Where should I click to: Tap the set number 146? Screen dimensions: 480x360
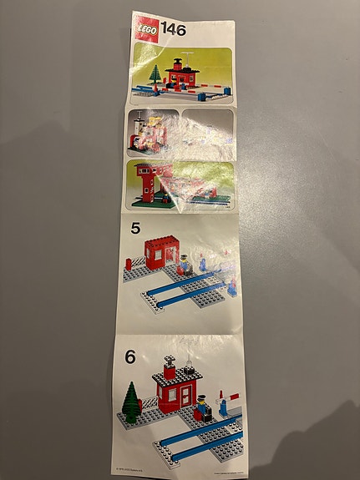(x=173, y=29)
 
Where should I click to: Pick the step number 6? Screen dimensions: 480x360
(x=129, y=356)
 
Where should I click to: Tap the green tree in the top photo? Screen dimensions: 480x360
(x=155, y=73)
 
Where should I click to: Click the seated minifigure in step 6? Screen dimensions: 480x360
(x=200, y=412)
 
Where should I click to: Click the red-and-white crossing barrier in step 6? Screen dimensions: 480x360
(x=227, y=401)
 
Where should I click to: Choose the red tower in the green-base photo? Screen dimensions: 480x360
(x=145, y=183)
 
